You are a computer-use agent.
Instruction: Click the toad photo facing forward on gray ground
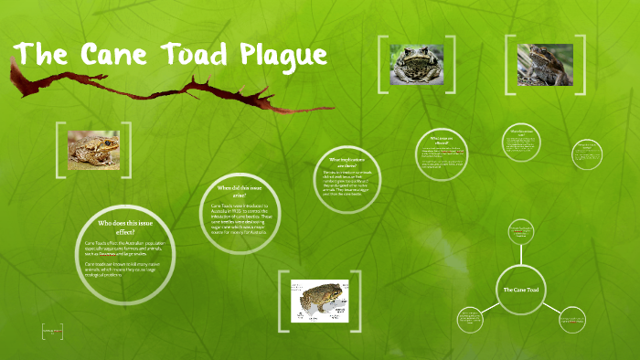pos(417,65)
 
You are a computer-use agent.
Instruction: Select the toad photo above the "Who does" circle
pos(93,149)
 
